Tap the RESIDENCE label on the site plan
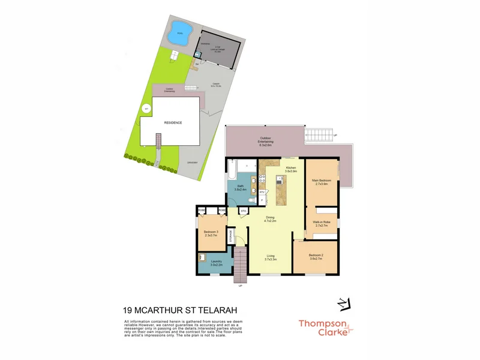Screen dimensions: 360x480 point(173,122)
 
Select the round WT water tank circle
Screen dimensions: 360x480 point(145,109)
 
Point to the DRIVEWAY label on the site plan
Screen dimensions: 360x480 point(193,163)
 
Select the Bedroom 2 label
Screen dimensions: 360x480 point(316,257)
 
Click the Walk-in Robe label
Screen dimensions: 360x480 point(323,224)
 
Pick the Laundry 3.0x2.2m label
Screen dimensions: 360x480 point(216,263)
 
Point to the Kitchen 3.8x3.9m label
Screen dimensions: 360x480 point(291,169)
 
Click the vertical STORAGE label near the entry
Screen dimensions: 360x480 point(232,236)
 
